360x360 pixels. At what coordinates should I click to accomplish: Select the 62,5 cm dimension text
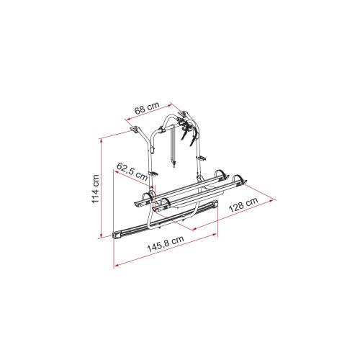click(132, 171)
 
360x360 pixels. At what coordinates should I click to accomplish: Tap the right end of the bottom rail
click(214, 206)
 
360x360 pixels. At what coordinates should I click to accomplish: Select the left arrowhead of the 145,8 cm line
click(114, 266)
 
